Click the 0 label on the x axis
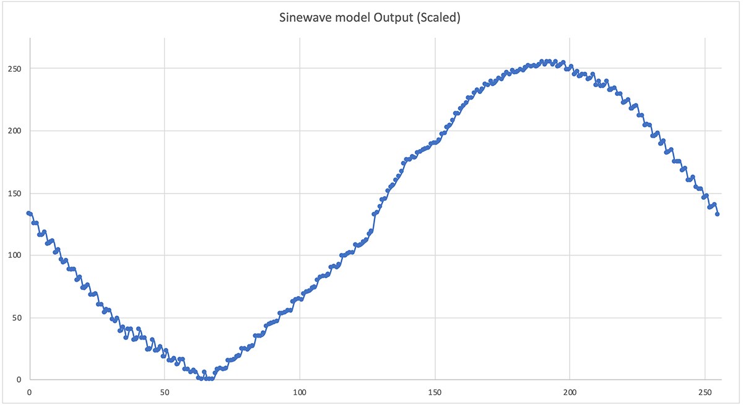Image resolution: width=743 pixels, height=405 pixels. [x=29, y=391]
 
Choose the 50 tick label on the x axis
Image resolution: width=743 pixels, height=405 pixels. [x=164, y=391]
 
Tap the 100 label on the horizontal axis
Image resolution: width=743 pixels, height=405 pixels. [x=300, y=391]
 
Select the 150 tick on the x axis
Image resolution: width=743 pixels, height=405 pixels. [x=435, y=391]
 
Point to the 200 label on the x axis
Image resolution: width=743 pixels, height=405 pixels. [x=570, y=391]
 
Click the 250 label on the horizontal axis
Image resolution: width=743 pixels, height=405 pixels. [x=705, y=391]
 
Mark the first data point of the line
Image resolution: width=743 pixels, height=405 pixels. [x=29, y=213]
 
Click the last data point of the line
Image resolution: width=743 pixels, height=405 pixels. [x=718, y=214]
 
